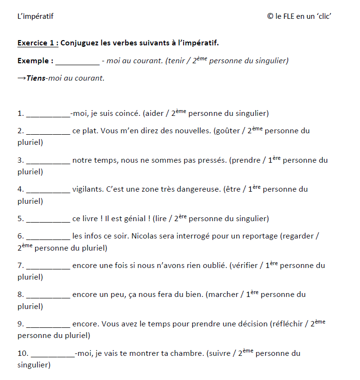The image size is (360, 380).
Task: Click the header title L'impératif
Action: [35, 16]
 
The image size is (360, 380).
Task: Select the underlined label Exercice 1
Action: [37, 43]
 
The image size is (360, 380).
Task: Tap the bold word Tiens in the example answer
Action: [37, 78]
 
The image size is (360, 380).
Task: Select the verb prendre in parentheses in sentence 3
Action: [245, 160]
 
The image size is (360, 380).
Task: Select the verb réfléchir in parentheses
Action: [288, 324]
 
